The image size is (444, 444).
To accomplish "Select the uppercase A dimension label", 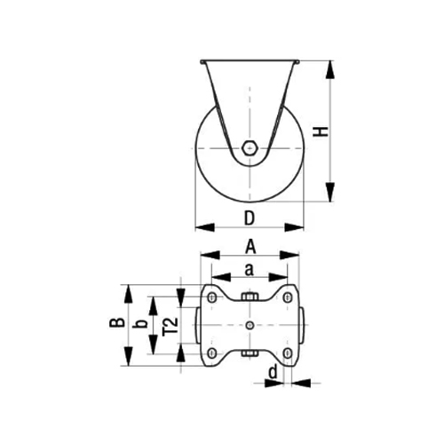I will point(250,246).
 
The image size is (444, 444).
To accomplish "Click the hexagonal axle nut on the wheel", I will point(250,148).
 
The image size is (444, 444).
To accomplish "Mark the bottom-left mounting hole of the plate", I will point(214,353).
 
